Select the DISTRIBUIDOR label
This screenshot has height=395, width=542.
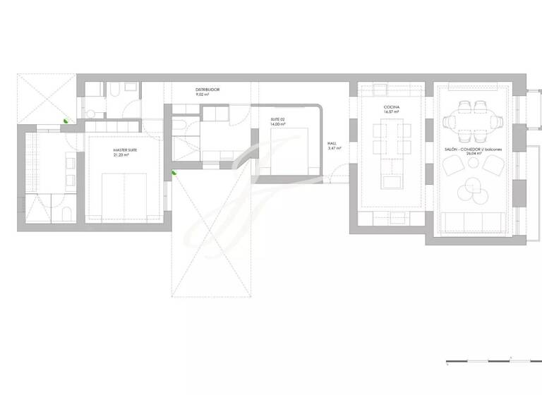pos(207,90)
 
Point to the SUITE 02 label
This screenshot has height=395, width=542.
pos(279,120)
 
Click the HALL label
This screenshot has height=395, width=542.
pos(332,143)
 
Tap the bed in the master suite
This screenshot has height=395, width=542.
pos(124,195)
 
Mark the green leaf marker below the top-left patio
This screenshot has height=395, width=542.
pos(66,121)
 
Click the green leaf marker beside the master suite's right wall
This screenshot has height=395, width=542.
pos(174,171)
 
